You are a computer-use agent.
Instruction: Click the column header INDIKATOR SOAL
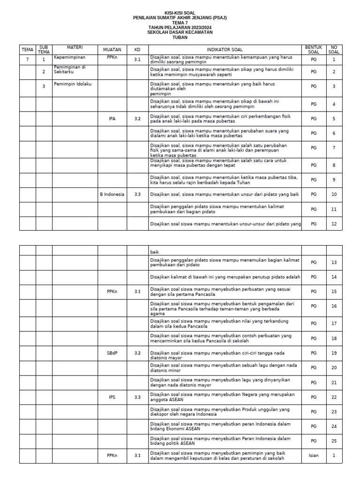(x=225, y=49)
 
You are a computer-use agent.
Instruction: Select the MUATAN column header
(x=112, y=49)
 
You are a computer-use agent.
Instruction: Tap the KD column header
(x=137, y=49)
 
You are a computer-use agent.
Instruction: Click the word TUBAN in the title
(x=180, y=37)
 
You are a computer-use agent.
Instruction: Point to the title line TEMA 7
(x=180, y=22)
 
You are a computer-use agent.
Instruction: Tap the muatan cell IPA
(x=112, y=119)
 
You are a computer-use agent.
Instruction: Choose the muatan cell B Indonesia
(x=112, y=194)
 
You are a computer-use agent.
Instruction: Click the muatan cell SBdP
(x=112, y=352)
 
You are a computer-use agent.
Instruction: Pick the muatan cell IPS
(x=112, y=397)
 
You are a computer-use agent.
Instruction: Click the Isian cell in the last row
(x=314, y=455)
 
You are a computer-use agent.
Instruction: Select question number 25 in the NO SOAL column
(x=334, y=441)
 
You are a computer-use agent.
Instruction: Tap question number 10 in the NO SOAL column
(x=334, y=194)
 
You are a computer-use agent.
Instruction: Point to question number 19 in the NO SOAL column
(x=334, y=352)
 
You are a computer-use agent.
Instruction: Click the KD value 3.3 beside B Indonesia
(x=137, y=194)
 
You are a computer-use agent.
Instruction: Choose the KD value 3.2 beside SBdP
(x=137, y=352)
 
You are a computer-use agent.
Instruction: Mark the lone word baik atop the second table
(x=154, y=252)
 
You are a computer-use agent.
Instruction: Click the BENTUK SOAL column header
(x=314, y=49)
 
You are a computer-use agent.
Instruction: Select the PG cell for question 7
(x=314, y=148)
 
